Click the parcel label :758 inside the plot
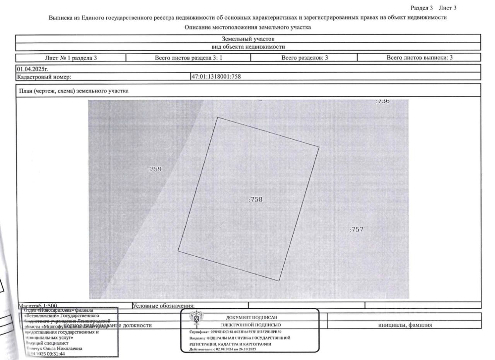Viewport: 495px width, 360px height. (x=255, y=200)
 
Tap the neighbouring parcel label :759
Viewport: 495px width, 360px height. (x=155, y=169)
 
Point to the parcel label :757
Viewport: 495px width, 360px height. (x=356, y=229)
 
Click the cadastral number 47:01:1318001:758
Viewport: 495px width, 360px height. (x=216, y=77)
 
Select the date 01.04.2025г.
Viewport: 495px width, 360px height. (x=29, y=69)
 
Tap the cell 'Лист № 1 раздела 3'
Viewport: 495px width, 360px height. (x=71, y=58)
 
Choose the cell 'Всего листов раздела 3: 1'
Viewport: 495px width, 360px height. (x=188, y=58)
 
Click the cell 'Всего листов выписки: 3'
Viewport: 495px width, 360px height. (x=420, y=58)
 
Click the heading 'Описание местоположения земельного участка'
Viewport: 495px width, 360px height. (x=248, y=27)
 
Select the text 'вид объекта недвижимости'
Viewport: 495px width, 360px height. (x=248, y=47)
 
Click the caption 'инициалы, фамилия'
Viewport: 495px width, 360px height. (x=405, y=325)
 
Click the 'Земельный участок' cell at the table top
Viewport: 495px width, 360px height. (x=248, y=39)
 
